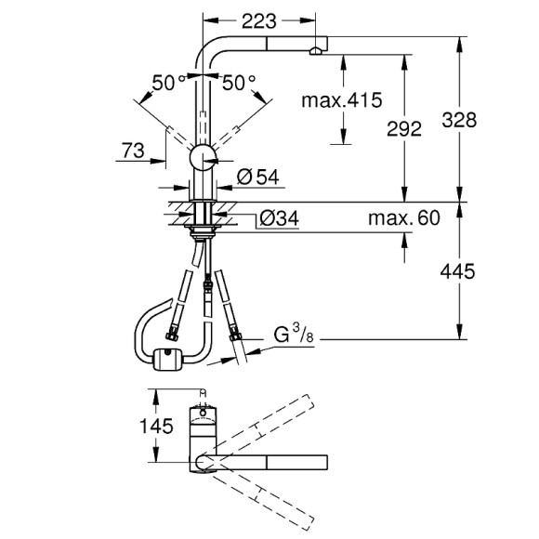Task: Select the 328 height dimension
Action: (x=485, y=120)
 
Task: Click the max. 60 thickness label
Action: (x=402, y=219)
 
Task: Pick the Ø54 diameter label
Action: (x=256, y=177)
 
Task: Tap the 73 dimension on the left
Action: (x=132, y=148)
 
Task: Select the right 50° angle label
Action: (x=238, y=83)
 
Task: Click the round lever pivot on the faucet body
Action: (x=203, y=158)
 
